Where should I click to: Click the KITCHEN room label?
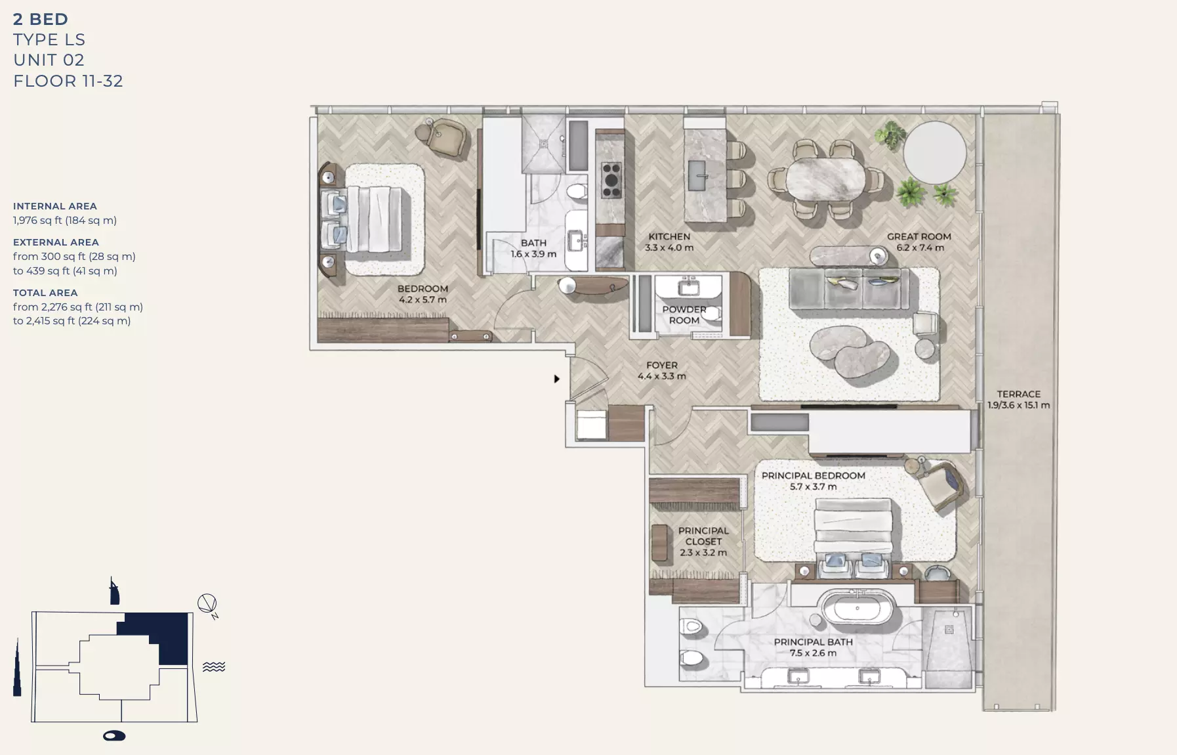click(x=669, y=236)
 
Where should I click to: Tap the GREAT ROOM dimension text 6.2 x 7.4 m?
click(x=920, y=248)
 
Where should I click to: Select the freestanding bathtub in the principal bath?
click(x=857, y=609)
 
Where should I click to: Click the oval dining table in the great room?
click(x=826, y=179)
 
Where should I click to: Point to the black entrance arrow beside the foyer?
click(x=556, y=379)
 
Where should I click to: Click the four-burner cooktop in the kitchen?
click(x=611, y=181)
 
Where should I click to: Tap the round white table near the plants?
click(x=934, y=152)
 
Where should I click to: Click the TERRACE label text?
click(x=1018, y=394)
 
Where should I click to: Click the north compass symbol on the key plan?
click(x=207, y=604)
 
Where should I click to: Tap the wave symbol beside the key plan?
click(x=214, y=667)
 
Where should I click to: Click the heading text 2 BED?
click(x=41, y=19)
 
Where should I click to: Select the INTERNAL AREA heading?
click(x=55, y=206)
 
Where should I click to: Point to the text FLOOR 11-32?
click(x=68, y=81)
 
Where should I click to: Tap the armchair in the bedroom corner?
click(x=446, y=138)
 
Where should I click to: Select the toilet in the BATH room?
click(x=576, y=192)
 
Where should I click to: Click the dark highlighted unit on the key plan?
click(x=167, y=637)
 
